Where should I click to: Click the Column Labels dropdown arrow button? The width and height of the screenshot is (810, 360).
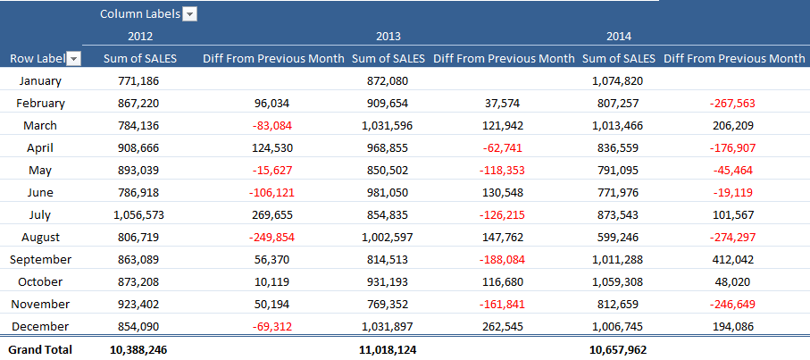[189, 13]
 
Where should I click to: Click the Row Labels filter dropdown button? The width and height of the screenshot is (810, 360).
[74, 59]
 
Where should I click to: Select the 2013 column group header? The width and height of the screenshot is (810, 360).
[388, 37]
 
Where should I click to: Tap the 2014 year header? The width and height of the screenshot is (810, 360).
[619, 37]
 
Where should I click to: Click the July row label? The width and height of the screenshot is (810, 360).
[40, 214]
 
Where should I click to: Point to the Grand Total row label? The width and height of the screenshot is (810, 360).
[39, 349]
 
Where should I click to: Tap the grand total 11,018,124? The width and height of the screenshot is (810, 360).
[388, 349]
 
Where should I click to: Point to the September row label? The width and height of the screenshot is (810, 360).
[40, 259]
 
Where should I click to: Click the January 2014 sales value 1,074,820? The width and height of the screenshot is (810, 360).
[618, 80]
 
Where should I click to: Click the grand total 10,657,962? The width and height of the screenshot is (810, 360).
[618, 349]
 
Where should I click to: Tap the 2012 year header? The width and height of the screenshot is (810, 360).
[140, 37]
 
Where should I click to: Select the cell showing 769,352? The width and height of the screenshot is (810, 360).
[388, 304]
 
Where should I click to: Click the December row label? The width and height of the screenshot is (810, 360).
[40, 326]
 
